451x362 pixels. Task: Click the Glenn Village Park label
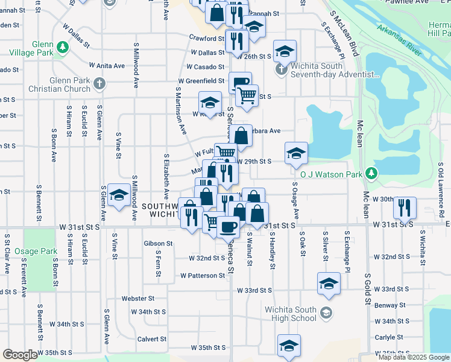(x=28, y=52)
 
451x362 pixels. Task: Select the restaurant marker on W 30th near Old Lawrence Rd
(x=405, y=206)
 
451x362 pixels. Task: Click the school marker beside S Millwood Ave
(x=119, y=195)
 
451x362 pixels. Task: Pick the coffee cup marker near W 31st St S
(x=228, y=226)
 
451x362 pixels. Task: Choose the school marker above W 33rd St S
(x=329, y=284)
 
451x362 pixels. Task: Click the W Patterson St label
(x=203, y=276)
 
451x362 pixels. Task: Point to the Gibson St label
(x=158, y=244)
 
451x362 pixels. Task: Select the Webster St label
(x=138, y=298)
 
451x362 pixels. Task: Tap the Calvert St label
(x=151, y=338)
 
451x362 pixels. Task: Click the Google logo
(x=20, y=355)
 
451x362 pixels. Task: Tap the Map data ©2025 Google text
(x=413, y=357)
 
